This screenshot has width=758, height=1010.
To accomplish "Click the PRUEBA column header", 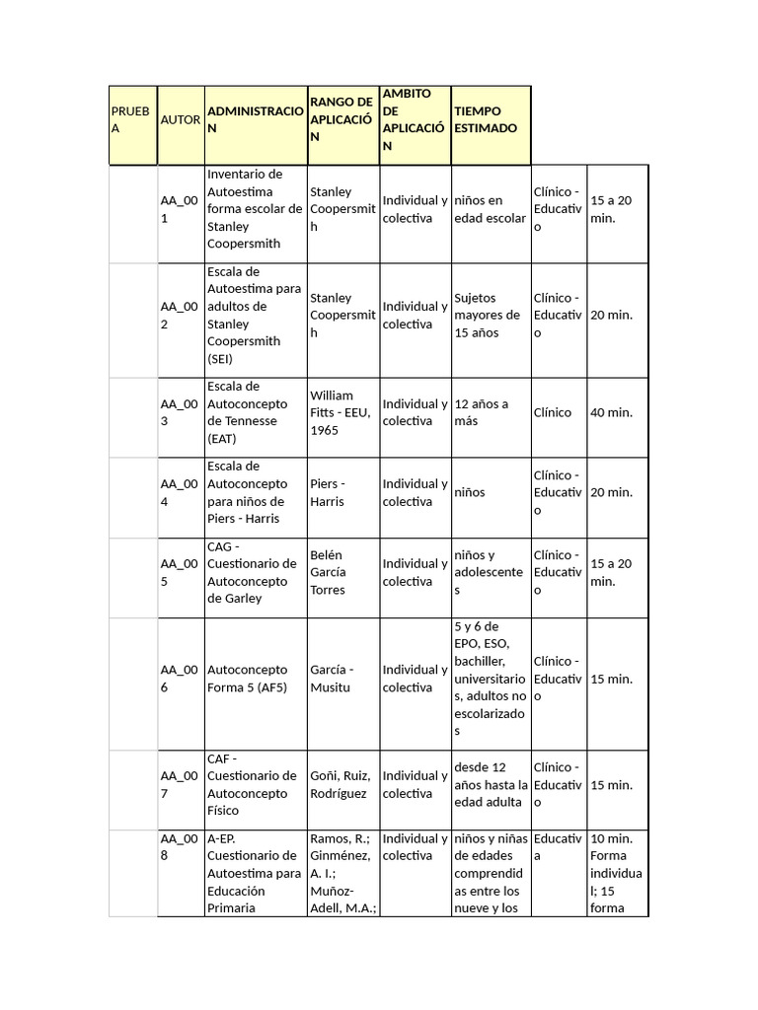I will pyautogui.click(x=131, y=119).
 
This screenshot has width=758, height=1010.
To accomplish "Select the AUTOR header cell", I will pyautogui.click(x=180, y=119).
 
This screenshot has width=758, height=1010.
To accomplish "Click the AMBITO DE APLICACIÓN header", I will pyautogui.click(x=414, y=119).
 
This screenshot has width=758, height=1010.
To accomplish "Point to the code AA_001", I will pyautogui.click(x=180, y=209).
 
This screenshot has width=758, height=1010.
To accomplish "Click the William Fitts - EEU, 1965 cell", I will pyautogui.click(x=341, y=412).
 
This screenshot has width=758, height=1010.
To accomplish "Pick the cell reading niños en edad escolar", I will pyautogui.click(x=490, y=209).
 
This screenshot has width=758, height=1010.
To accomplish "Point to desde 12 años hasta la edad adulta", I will pyautogui.click(x=491, y=784).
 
